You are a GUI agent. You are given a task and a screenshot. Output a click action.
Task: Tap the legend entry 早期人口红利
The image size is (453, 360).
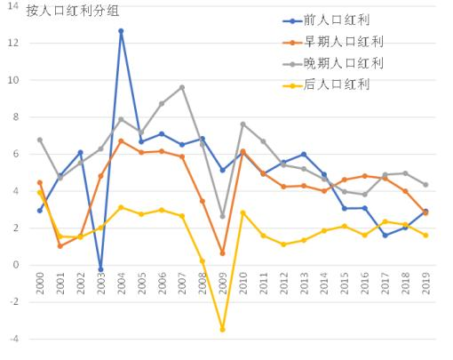[347, 42]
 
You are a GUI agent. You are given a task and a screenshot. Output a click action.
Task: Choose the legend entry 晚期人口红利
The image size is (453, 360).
[347, 63]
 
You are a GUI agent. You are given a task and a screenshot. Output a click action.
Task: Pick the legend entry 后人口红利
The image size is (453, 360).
[341, 84]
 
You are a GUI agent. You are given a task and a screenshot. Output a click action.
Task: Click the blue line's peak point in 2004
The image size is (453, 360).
[121, 31]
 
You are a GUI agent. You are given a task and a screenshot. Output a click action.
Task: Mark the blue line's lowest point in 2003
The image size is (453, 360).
[100, 269]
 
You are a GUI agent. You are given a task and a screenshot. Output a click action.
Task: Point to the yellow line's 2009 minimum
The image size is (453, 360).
[222, 330]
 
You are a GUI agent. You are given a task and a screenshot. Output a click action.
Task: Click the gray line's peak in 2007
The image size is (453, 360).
[182, 87]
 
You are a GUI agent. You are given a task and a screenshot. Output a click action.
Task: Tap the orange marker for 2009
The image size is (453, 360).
[222, 253]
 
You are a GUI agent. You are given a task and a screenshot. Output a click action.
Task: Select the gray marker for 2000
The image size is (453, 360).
[40, 140]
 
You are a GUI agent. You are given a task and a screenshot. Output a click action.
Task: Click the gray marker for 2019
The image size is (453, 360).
[425, 185]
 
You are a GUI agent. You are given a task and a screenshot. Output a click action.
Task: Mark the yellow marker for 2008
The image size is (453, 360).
[202, 260]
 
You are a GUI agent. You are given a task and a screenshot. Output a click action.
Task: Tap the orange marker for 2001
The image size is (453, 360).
[60, 245]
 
